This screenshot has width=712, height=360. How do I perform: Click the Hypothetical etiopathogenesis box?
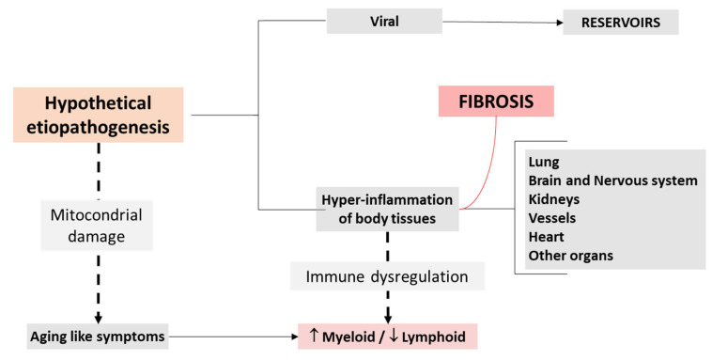[x=98, y=115]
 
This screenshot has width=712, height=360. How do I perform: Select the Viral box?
[x=384, y=21]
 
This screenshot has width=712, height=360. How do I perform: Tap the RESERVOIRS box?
[x=620, y=22]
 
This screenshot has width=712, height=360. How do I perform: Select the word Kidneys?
[x=552, y=199]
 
